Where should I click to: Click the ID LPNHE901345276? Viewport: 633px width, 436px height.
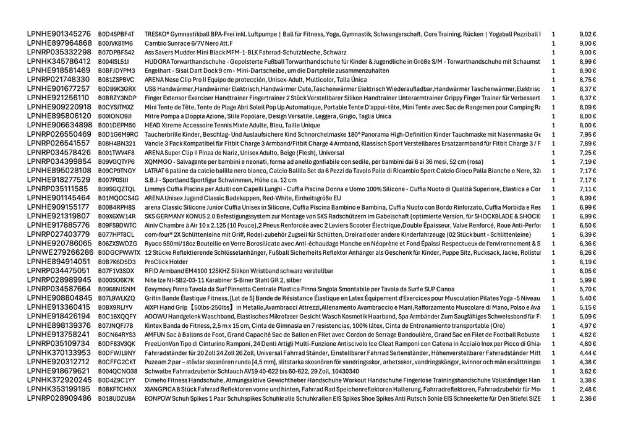59,34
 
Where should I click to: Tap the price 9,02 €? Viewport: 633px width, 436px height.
587,34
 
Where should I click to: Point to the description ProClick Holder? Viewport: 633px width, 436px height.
166,262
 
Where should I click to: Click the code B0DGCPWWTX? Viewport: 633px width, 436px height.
119,252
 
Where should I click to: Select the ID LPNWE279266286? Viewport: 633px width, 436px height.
60,252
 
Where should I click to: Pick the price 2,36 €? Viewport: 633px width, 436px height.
587,398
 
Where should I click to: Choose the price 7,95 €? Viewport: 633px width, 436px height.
587,134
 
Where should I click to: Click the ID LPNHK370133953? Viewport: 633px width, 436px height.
59,353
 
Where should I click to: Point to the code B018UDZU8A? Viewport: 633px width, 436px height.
116,398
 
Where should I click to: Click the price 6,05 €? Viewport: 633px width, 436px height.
587,271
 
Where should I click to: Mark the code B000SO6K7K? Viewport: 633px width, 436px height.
116,280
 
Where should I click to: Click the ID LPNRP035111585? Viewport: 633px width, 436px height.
57,189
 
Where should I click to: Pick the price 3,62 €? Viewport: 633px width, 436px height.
587,371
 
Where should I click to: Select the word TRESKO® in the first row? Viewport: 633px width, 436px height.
158,34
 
